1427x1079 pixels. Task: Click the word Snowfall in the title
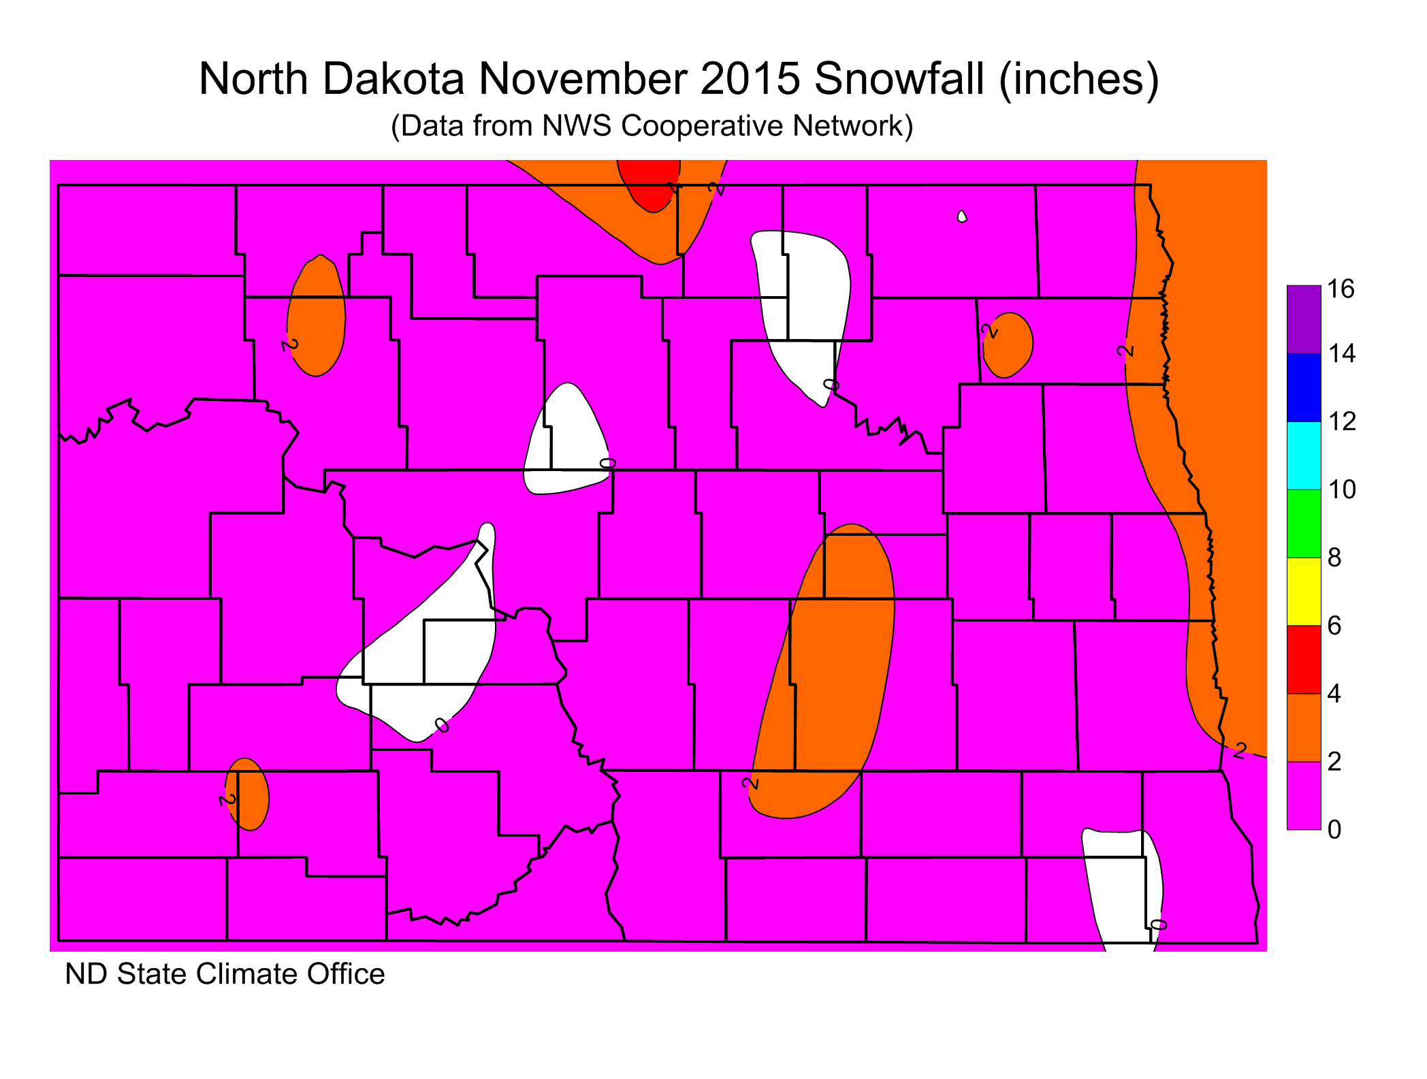899,79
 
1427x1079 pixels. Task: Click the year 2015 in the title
751,79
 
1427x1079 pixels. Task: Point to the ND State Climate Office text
225,974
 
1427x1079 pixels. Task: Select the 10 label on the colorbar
1341,489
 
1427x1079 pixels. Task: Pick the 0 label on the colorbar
1334,829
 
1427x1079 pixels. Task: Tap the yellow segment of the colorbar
1304,591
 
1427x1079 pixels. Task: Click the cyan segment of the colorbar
1304,455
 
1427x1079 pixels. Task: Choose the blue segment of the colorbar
1304,387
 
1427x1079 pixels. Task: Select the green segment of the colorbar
1304,523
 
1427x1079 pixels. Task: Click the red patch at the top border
652,185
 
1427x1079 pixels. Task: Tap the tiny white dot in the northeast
962,216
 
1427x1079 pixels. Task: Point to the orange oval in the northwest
317,317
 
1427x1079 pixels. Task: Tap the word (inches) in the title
1078,79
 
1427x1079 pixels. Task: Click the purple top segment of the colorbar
1304,319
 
